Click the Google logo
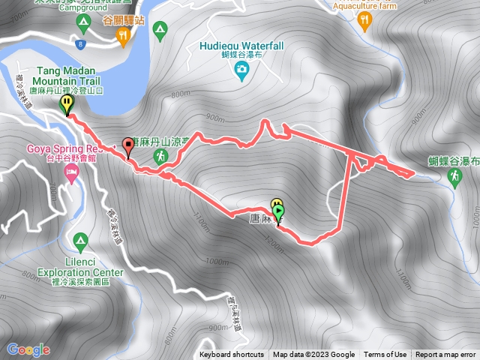(28, 349)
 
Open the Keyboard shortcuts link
(232, 355)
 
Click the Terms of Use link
(385, 355)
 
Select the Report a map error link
(445, 355)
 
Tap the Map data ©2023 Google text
(313, 355)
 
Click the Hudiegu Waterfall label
(242, 46)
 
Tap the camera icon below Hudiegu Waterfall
(241, 71)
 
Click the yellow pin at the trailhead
(67, 103)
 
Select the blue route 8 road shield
(80, 46)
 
